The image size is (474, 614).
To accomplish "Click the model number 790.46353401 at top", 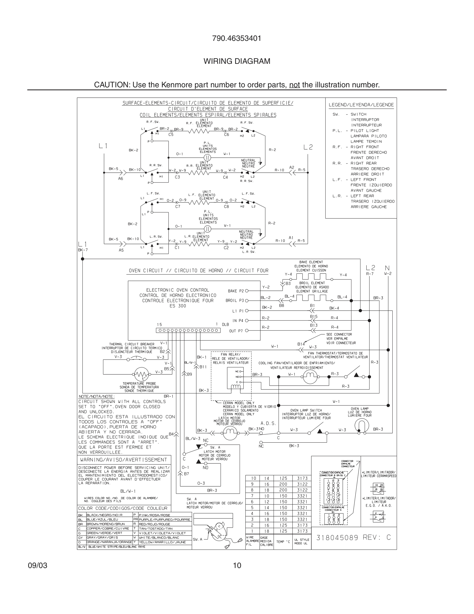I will coord(237,38).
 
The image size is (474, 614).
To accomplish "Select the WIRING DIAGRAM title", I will coord(237,61).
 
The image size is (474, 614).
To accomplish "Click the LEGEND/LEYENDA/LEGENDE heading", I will coord(361,105).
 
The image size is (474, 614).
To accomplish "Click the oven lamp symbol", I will coord(361,426).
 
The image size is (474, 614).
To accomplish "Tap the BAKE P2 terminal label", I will coord(236,291).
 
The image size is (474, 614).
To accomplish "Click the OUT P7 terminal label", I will coord(236,331).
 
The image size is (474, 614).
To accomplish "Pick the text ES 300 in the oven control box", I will coord(178,306).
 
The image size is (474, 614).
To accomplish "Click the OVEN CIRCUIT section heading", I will coord(199,271).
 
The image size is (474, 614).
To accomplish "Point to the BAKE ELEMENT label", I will coord(311,262).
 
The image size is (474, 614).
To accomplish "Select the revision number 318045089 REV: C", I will coord(353,538).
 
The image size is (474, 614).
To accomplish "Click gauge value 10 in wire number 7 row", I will coord(266,496).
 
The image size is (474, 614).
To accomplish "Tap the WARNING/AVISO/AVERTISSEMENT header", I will coord(124,460).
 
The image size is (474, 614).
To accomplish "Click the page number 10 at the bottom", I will coord(237,565).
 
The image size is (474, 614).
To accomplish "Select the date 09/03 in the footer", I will coord(38,565).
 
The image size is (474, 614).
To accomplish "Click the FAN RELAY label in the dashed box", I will coord(231,355).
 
